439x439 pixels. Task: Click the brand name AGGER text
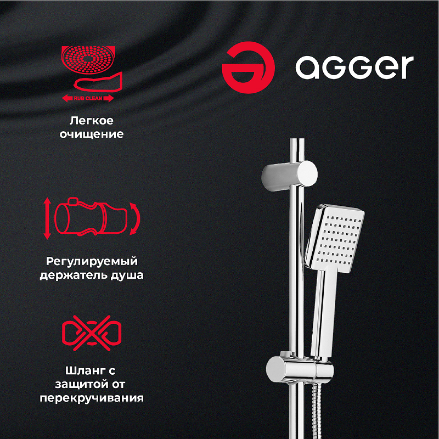click(x=354, y=67)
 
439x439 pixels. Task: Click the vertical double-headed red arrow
click(x=47, y=218)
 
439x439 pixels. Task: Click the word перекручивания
click(x=92, y=398)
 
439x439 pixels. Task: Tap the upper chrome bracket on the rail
click(x=289, y=174)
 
